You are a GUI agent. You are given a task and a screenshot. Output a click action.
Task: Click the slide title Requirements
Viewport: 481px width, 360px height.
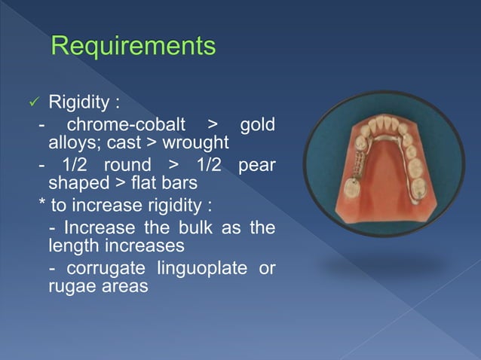(133, 47)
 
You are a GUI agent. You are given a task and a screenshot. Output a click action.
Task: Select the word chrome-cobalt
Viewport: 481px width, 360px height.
(125, 124)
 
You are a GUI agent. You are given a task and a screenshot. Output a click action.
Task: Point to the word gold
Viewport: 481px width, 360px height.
(257, 124)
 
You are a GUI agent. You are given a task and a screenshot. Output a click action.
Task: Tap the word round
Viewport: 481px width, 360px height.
(127, 165)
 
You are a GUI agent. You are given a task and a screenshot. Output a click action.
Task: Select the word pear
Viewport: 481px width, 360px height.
(257, 165)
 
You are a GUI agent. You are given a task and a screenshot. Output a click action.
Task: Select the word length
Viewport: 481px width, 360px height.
(70, 246)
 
